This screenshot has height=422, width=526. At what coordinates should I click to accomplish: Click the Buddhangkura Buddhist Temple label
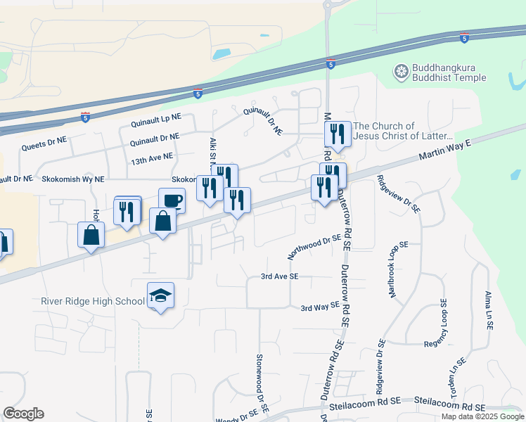(448, 72)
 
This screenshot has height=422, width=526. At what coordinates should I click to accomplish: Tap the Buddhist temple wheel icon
(402, 71)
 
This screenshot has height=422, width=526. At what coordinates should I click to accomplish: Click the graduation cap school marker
(160, 295)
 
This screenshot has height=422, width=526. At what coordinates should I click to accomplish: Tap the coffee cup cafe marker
(172, 200)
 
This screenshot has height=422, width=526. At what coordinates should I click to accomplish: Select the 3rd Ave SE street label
(280, 276)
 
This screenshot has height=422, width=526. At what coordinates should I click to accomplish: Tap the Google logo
(23, 414)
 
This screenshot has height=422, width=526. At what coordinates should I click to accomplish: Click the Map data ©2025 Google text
(482, 416)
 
